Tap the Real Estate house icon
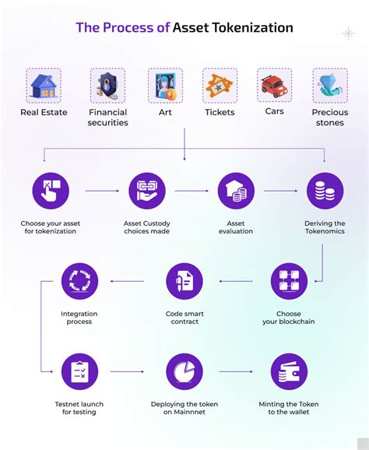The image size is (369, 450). (x=44, y=86)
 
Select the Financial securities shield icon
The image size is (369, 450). (x=107, y=86)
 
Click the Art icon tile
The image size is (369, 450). (x=165, y=86)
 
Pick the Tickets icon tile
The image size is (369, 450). (x=220, y=86)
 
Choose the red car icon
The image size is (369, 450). (x=275, y=86)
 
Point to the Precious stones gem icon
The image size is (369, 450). (x=330, y=86)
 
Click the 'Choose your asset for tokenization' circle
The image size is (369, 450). (x=51, y=192)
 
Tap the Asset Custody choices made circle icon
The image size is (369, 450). (x=147, y=192)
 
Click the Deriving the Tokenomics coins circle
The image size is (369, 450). (x=325, y=192)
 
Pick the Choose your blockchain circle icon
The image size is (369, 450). (x=289, y=281)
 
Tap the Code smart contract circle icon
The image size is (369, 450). (x=184, y=281)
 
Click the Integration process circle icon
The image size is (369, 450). (x=79, y=281)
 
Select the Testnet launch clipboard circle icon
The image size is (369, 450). (x=79, y=372)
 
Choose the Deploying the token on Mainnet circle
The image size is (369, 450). (x=184, y=372)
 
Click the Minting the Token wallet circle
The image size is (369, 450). (x=289, y=372)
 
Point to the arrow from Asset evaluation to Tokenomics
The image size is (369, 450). (x=279, y=191)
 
